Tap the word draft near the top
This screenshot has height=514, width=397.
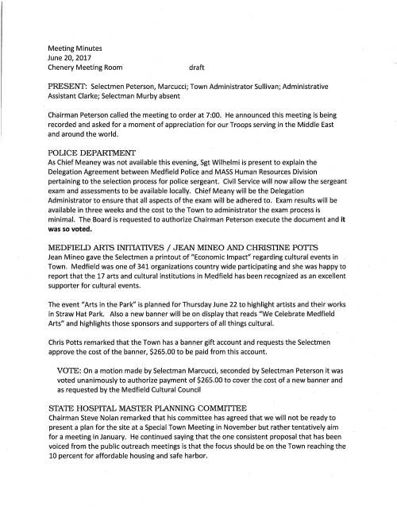(198, 69)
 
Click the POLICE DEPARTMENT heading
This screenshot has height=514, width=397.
(92, 151)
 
